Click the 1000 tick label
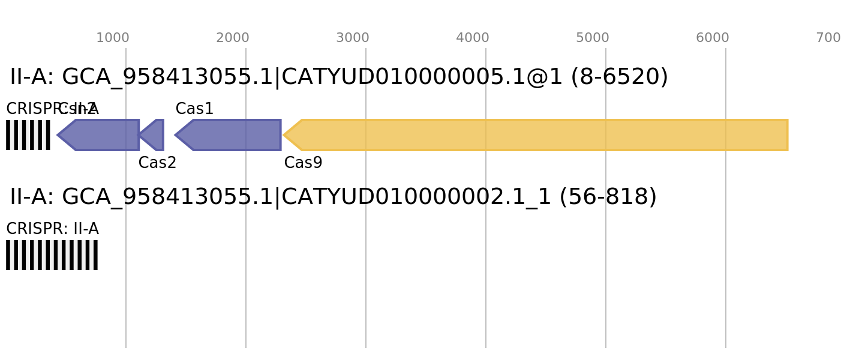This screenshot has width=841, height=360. pos(113,38)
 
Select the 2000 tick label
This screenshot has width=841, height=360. pos(233,38)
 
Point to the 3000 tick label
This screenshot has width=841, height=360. pos(353,38)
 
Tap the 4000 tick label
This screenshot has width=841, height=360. pos(473,38)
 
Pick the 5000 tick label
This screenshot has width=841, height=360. pos(593,38)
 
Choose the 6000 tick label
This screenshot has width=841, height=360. pos(713,38)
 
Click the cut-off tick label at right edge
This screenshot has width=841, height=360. pos(828,38)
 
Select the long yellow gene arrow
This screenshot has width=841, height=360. pos(540,135)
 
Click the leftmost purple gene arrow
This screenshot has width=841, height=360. pos(102,135)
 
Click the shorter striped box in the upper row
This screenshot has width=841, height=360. pos(28,135)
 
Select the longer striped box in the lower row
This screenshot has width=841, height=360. pos(52,255)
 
